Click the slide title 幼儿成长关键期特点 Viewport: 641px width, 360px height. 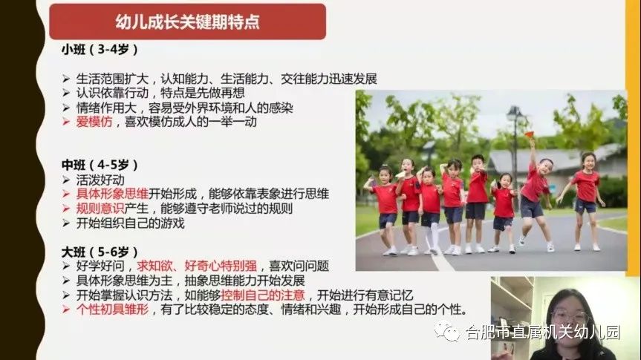[x=187, y=22]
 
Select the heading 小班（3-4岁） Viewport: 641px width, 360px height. [x=100, y=50]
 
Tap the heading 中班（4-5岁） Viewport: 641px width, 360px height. [x=100, y=165]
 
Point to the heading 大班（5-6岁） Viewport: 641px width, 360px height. [x=100, y=252]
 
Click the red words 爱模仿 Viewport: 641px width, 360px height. [x=94, y=122]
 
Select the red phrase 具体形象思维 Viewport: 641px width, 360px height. [x=112, y=194]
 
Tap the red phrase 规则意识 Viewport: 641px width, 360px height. [x=100, y=209]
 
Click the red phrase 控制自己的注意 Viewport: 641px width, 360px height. [x=263, y=295]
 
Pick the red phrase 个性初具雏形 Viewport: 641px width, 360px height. [x=112, y=310]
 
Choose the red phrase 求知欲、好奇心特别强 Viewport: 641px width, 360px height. [x=197, y=266]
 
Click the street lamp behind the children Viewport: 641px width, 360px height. [x=514, y=147]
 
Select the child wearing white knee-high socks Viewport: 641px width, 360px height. [x=429, y=209]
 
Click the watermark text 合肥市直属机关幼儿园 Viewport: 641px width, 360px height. [x=543, y=333]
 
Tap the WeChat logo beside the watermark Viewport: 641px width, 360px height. [x=447, y=331]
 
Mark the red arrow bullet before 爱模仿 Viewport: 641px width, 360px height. [x=66, y=122]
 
